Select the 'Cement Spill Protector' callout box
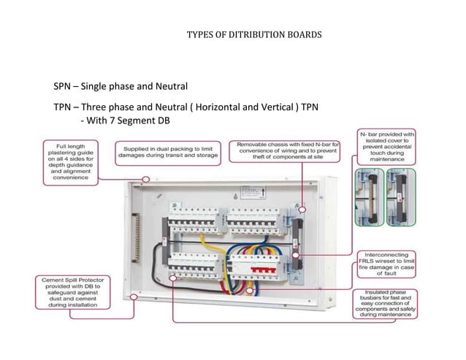click(67, 294)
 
